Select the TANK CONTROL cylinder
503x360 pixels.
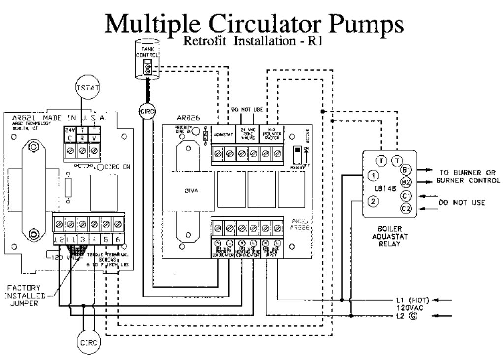(x=147, y=60)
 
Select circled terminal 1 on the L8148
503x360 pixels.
(x=374, y=175)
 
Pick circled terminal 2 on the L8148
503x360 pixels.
(x=374, y=201)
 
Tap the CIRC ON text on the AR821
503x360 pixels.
(x=118, y=168)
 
